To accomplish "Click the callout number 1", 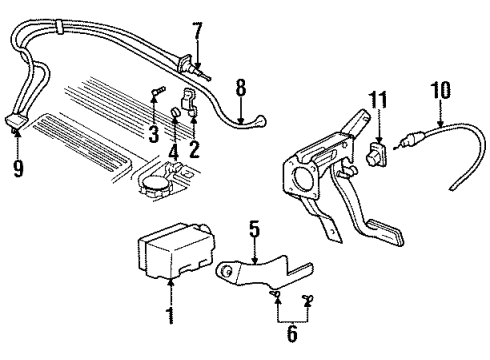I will point(170,318).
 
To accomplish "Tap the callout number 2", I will point(194,150).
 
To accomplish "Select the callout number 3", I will point(154,133).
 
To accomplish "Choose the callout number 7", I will point(196,29).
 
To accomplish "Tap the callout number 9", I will point(18,168).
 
